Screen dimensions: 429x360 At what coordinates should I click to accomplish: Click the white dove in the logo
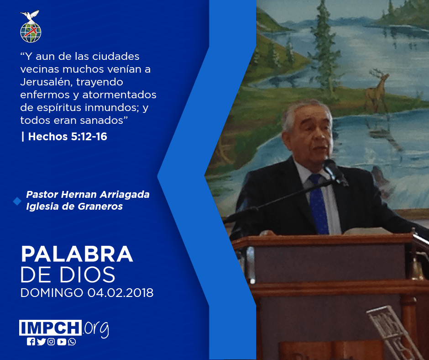[30, 16]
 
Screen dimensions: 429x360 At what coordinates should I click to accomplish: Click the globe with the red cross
[31, 32]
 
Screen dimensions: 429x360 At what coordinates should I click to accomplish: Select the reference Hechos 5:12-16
[68, 137]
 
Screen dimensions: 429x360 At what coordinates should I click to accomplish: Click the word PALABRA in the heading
[77, 254]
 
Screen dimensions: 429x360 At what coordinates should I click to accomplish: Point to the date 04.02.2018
[120, 292]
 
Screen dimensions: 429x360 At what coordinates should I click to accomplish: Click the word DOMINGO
[52, 292]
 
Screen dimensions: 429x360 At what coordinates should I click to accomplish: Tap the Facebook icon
[31, 342]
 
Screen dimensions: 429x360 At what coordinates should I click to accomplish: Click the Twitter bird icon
[41, 342]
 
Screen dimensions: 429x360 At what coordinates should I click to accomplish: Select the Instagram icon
[51, 342]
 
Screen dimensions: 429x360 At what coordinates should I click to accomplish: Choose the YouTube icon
[62, 342]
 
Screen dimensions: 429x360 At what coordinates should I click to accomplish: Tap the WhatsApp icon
[72, 342]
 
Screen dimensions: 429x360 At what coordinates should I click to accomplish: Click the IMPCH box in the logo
[50, 328]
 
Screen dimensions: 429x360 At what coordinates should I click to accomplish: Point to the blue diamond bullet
[17, 201]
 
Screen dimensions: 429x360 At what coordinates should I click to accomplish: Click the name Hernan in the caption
[79, 195]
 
